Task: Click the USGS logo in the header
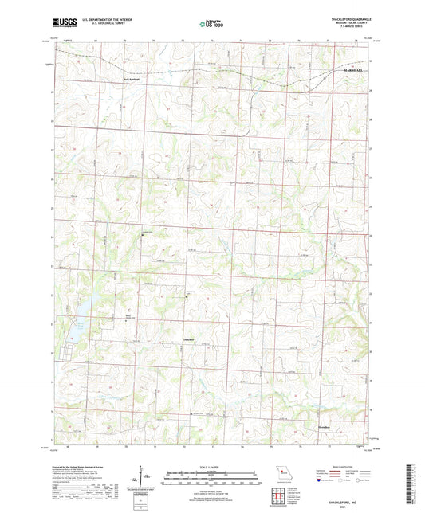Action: coord(61,24)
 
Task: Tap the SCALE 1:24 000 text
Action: coord(212,465)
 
